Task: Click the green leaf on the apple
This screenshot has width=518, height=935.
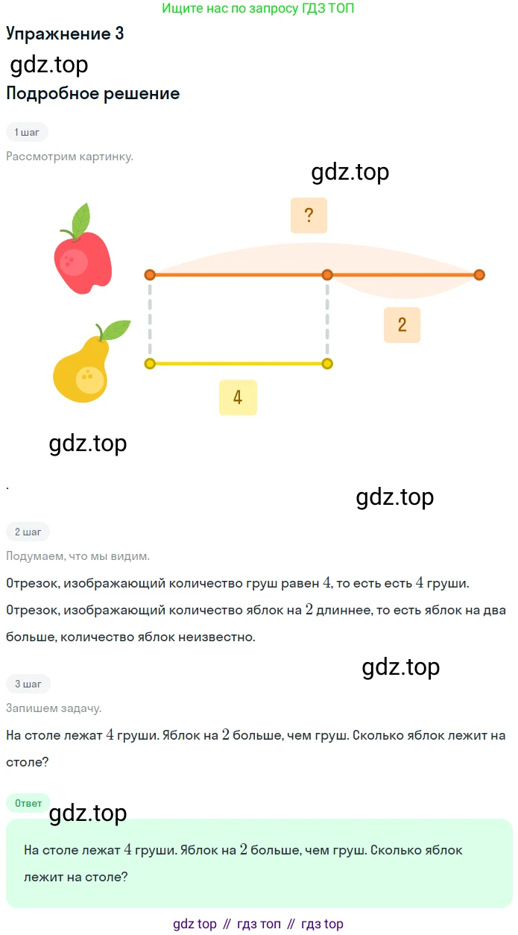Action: click(x=81, y=220)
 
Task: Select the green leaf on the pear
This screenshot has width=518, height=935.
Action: click(x=116, y=330)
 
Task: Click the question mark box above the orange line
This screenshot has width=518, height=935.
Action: click(x=309, y=215)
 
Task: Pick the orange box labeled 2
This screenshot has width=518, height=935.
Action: click(x=402, y=325)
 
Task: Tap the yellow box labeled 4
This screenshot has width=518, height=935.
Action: click(x=238, y=397)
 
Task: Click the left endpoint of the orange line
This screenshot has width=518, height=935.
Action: click(x=150, y=274)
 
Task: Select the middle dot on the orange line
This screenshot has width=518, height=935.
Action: click(x=327, y=274)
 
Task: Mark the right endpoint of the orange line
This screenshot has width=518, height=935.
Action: click(x=479, y=274)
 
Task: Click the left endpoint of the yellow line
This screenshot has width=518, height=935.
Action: click(x=150, y=364)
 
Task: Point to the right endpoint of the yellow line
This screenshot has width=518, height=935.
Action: click(x=327, y=364)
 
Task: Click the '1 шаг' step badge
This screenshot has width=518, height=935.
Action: click(x=27, y=132)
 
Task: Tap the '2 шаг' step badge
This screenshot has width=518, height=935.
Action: click(x=28, y=532)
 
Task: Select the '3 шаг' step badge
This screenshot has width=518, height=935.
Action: click(x=28, y=684)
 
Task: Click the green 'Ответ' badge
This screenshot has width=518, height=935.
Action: click(x=28, y=803)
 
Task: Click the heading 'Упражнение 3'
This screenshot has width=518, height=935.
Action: click(x=65, y=34)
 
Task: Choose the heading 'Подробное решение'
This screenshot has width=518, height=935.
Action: click(x=92, y=93)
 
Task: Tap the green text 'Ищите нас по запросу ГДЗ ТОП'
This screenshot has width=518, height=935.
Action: click(x=258, y=8)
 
